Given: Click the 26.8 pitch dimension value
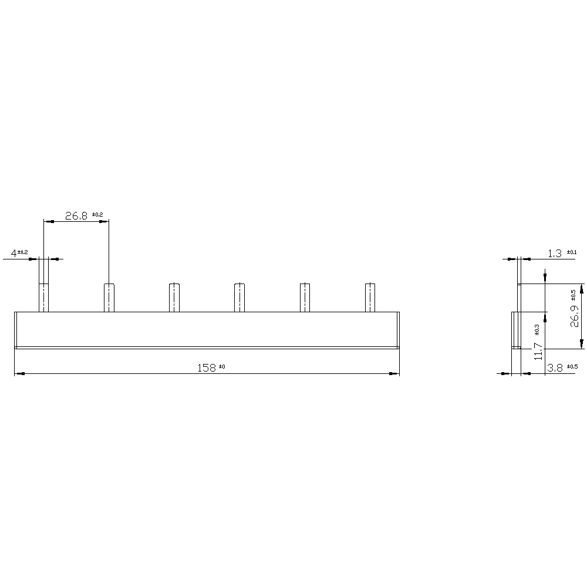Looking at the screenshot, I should pos(76,216).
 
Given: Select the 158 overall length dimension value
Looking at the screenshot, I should pos(206,368).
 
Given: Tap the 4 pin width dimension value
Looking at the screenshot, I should pos(14,254).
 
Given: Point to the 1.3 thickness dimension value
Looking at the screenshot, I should pos(554,254).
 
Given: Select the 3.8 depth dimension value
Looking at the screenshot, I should pos(555,368).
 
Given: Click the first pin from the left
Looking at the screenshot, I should pos(43,298).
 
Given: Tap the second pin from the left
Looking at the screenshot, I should pos(109,298).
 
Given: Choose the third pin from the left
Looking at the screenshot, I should pos(174,298).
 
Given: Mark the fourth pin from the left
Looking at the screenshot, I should pos(239,298).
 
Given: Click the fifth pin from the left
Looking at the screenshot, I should pos(305,298).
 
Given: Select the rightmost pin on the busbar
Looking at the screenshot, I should pos(370,298).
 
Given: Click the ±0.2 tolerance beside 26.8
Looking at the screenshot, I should pos(97,214).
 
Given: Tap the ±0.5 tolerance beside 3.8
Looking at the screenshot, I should pos(572,367).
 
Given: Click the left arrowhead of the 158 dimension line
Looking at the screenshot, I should pos(19,373).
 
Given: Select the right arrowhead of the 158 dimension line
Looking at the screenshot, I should pos(395,373).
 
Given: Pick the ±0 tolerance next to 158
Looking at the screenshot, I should pos(222,367).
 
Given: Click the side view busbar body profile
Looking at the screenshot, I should pos(515,330).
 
